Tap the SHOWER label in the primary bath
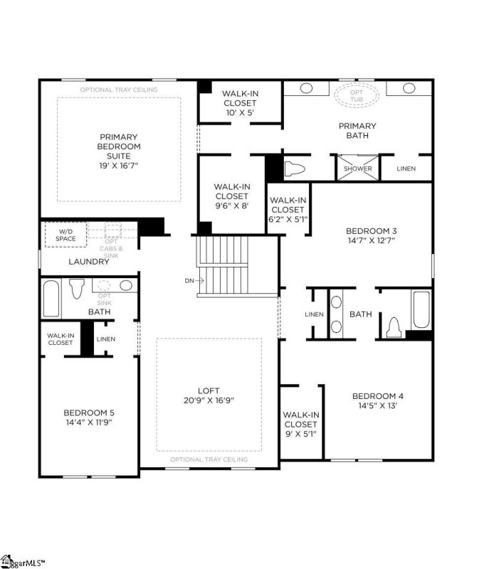pyautogui.click(x=357, y=169)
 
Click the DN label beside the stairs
pyautogui.click(x=189, y=280)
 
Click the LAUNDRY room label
pyautogui.click(x=89, y=262)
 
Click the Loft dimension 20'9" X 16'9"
pyautogui.click(x=209, y=400)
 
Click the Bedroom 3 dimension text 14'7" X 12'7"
pyautogui.click(x=370, y=240)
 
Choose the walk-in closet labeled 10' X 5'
pyautogui.click(x=239, y=112)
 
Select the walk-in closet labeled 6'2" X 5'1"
pyautogui.click(x=288, y=219)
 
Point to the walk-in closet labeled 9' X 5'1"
pyautogui.click(x=301, y=433)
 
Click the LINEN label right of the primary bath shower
pyautogui.click(x=406, y=169)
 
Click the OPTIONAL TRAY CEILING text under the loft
pyautogui.click(x=209, y=459)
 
